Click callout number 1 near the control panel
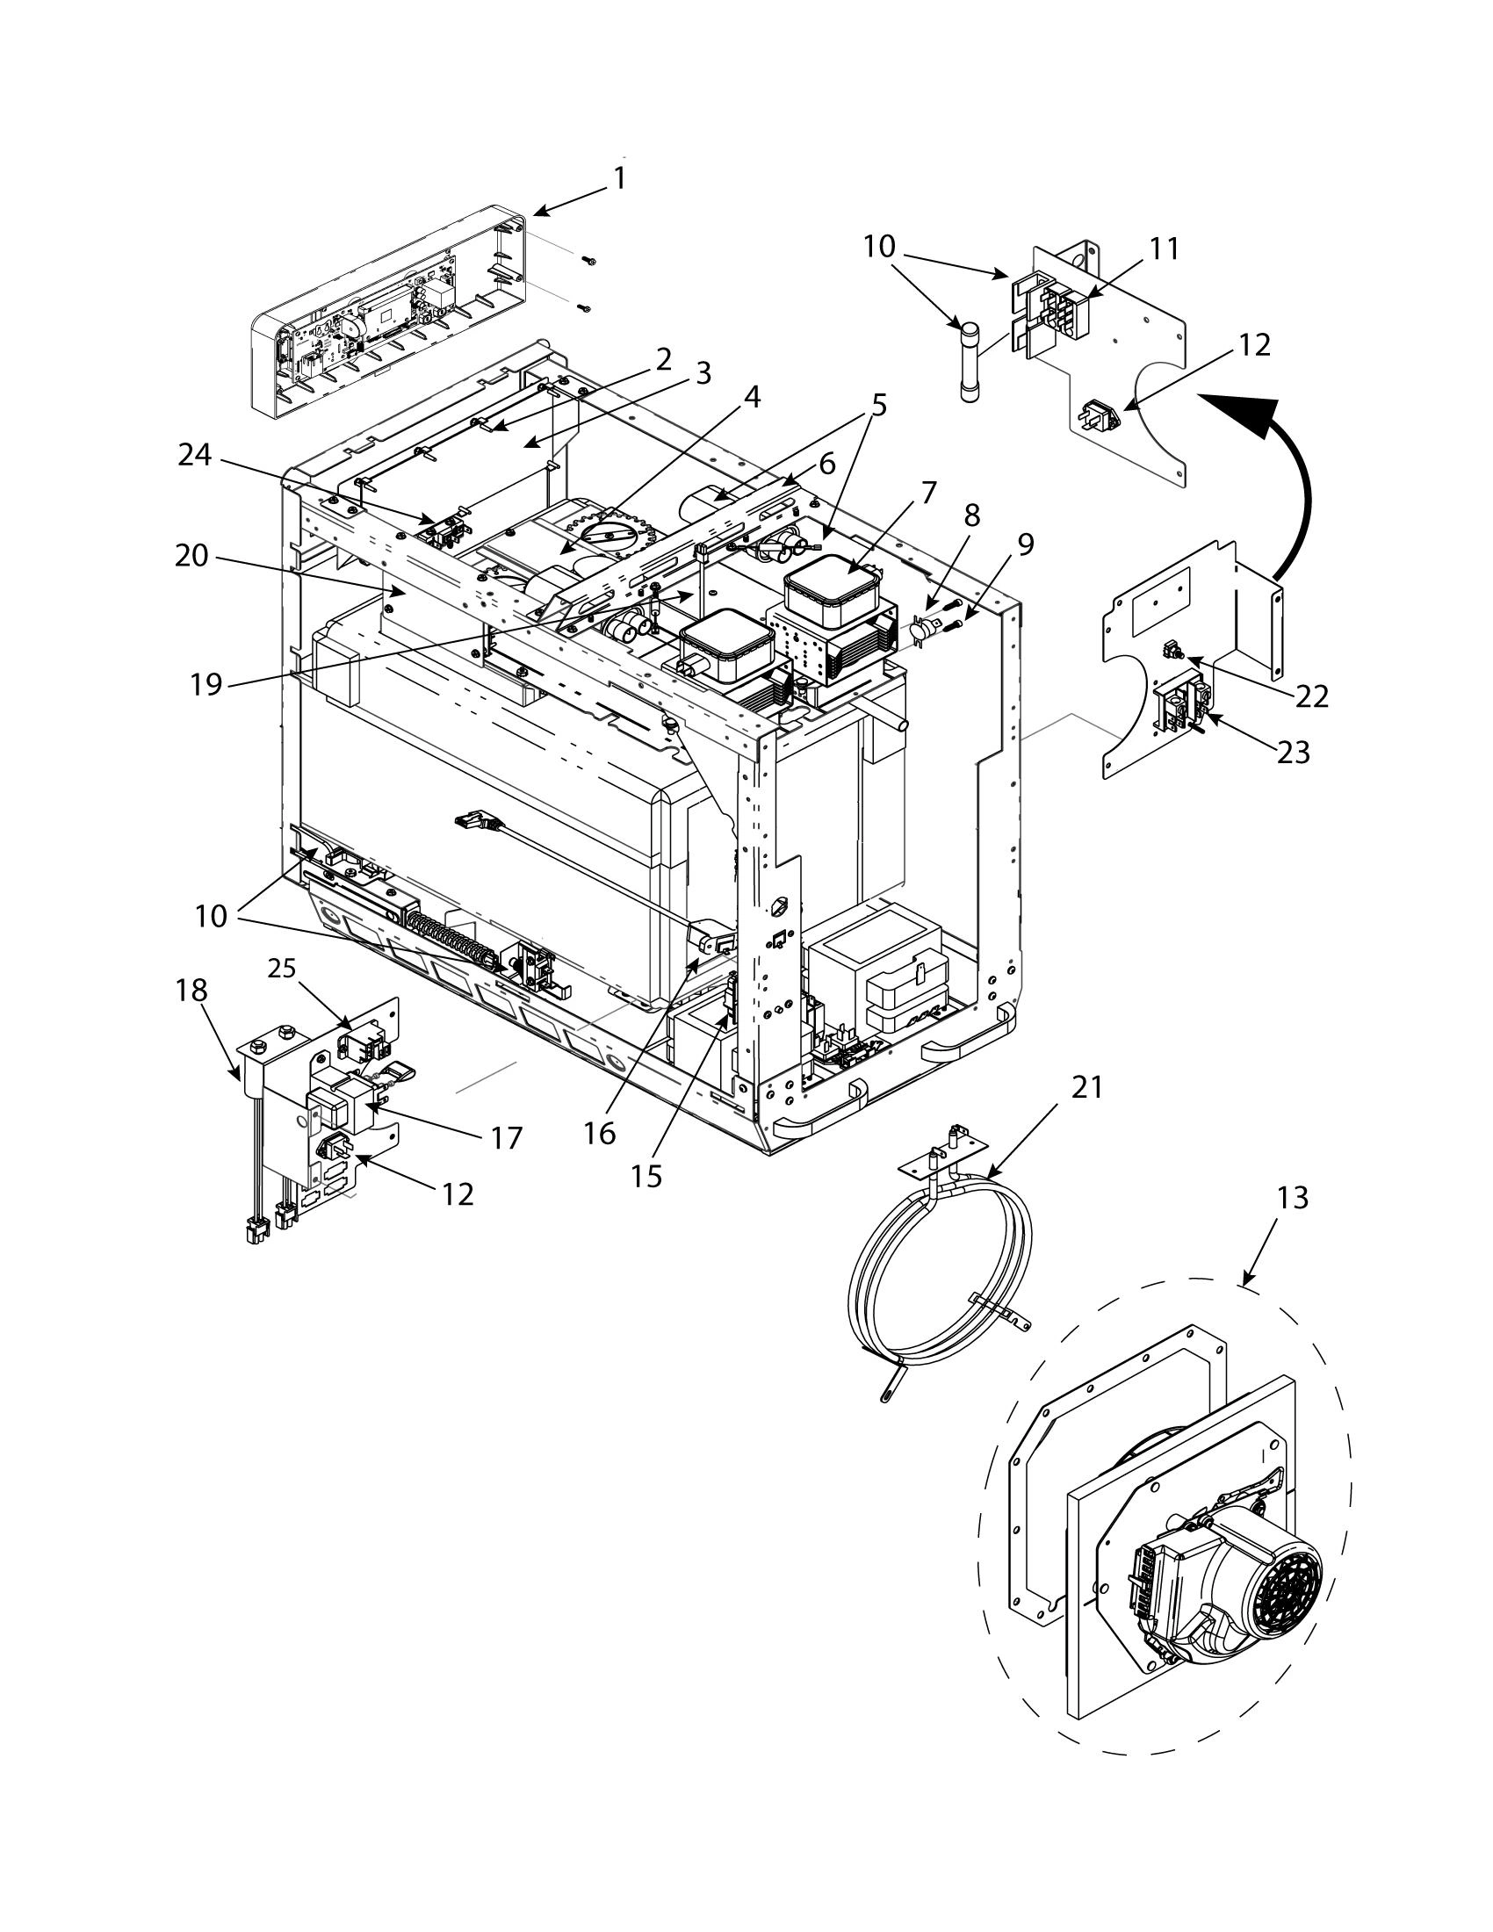(x=620, y=177)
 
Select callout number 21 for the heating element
(x=1087, y=1086)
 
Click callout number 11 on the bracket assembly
(x=1165, y=249)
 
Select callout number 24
(x=195, y=455)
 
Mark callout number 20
(x=192, y=556)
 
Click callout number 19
(x=206, y=683)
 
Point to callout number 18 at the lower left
(x=191, y=990)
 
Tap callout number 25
(x=282, y=970)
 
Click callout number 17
(x=507, y=1136)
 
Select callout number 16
(x=600, y=1133)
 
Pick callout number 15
(x=647, y=1176)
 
